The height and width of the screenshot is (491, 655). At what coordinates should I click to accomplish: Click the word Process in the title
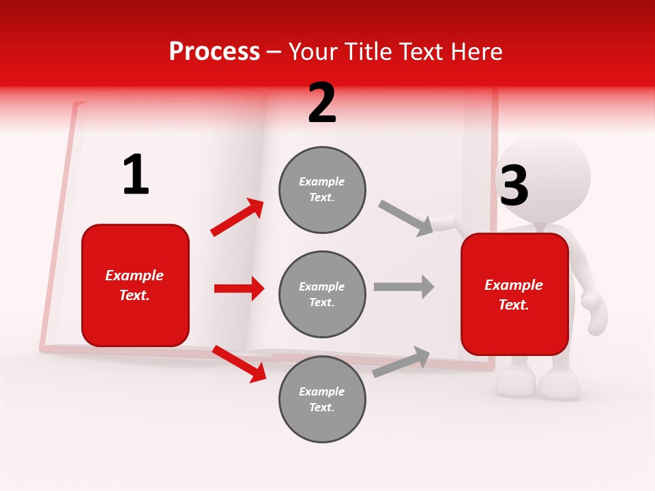tap(214, 52)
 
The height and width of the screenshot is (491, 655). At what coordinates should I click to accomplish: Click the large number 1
tap(136, 175)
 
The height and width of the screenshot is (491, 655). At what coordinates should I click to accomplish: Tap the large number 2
tap(322, 104)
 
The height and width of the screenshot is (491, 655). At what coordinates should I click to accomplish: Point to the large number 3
tap(514, 185)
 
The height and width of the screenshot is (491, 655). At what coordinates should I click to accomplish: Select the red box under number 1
tap(135, 285)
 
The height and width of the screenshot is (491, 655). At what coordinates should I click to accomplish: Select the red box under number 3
tap(514, 295)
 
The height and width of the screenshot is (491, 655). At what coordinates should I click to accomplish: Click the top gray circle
tap(322, 190)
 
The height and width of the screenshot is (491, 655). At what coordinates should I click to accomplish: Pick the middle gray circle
tap(322, 294)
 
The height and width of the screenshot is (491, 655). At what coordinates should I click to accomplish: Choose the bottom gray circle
tap(322, 399)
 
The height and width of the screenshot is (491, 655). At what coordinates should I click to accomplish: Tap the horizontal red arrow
tap(239, 288)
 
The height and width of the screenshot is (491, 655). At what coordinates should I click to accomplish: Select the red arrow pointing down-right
tap(239, 363)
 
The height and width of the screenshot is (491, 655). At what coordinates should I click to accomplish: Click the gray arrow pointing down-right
tap(406, 218)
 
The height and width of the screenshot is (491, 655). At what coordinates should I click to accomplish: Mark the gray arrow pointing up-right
tap(402, 361)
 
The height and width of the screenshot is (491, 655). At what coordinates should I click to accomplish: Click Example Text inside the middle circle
tap(322, 294)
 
